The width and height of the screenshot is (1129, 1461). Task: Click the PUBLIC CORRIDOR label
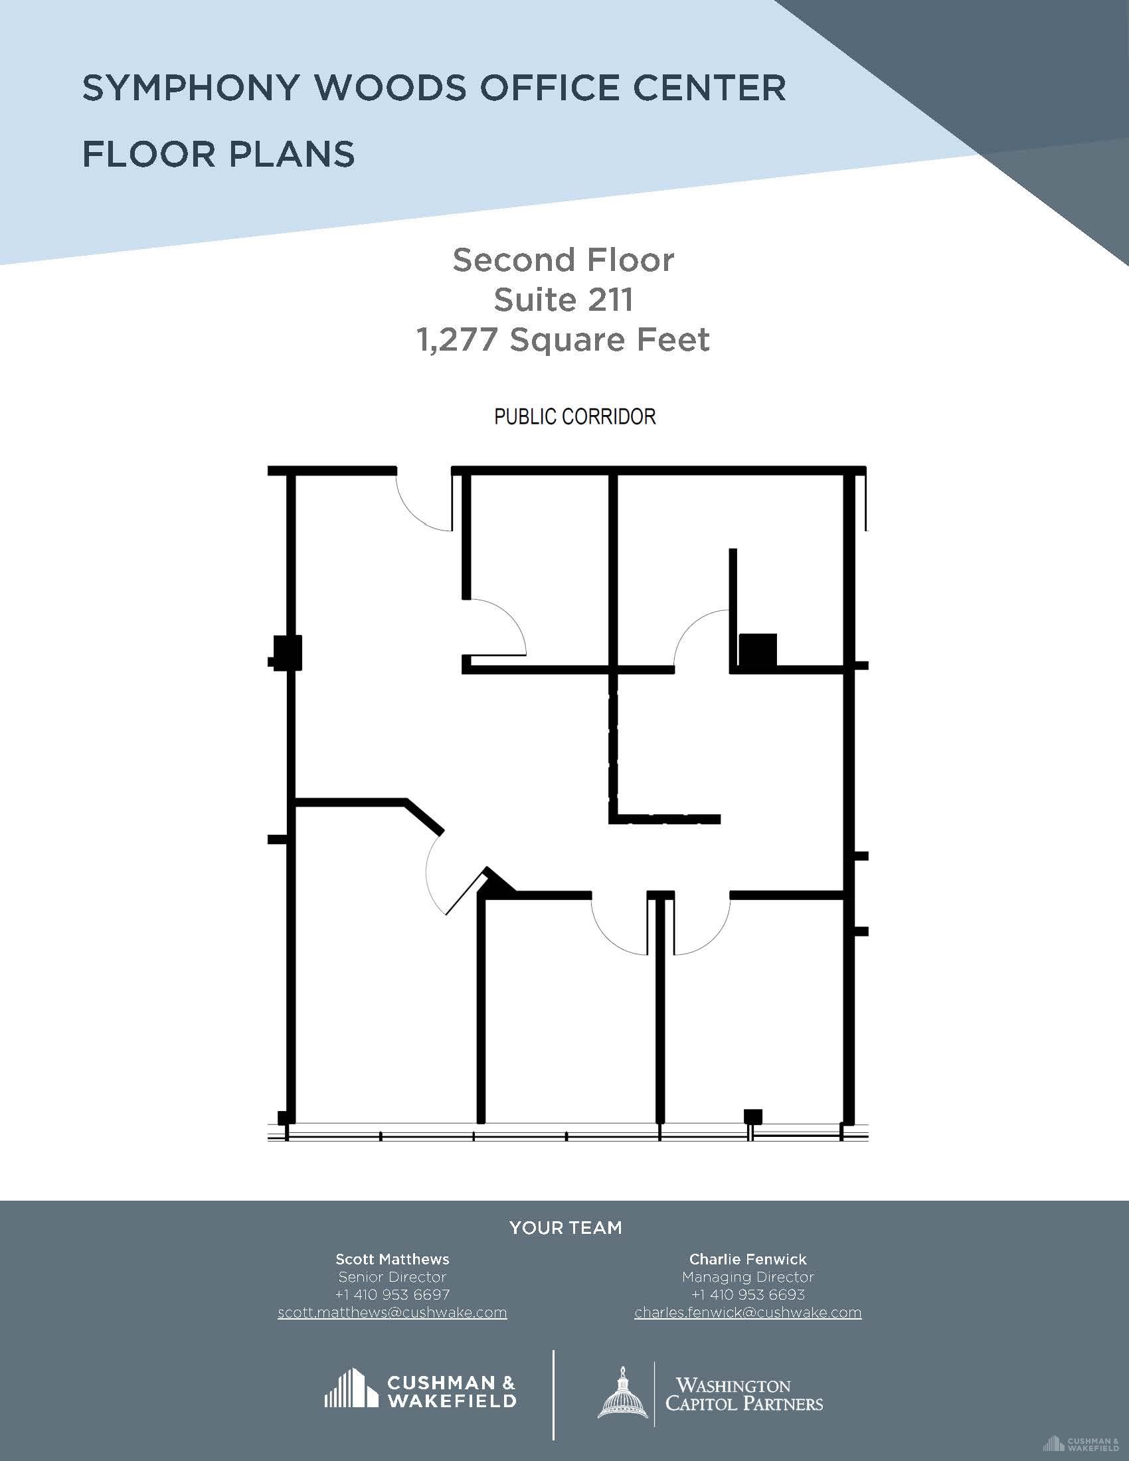click(x=574, y=417)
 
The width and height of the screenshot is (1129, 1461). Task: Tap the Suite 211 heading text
click(x=563, y=300)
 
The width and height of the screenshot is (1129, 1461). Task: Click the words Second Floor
click(x=563, y=260)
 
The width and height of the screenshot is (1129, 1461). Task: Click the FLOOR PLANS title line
click(x=218, y=155)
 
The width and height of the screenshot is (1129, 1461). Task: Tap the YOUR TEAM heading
click(x=566, y=1227)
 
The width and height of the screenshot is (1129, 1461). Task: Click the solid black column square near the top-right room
click(x=758, y=649)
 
